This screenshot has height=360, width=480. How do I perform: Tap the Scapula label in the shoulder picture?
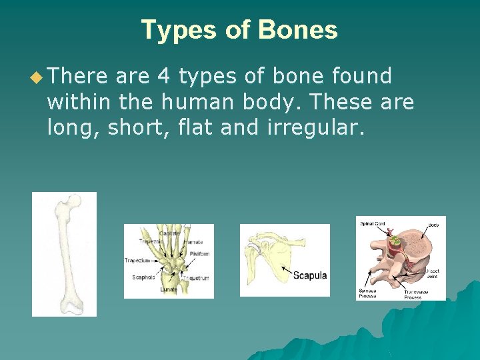pos(310,275)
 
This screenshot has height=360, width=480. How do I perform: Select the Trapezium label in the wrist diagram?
pos(137,261)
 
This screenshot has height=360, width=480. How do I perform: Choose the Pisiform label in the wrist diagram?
pos(199,254)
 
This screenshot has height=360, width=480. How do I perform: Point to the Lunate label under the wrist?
pos(168,290)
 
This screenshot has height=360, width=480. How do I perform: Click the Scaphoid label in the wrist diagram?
pos(143,277)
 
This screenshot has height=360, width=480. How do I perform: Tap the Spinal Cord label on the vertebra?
pos(373,224)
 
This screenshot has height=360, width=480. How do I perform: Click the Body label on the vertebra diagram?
pos(433,225)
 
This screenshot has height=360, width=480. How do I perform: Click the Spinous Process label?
pos(367,293)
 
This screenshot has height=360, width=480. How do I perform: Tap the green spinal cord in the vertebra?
pos(394,240)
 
